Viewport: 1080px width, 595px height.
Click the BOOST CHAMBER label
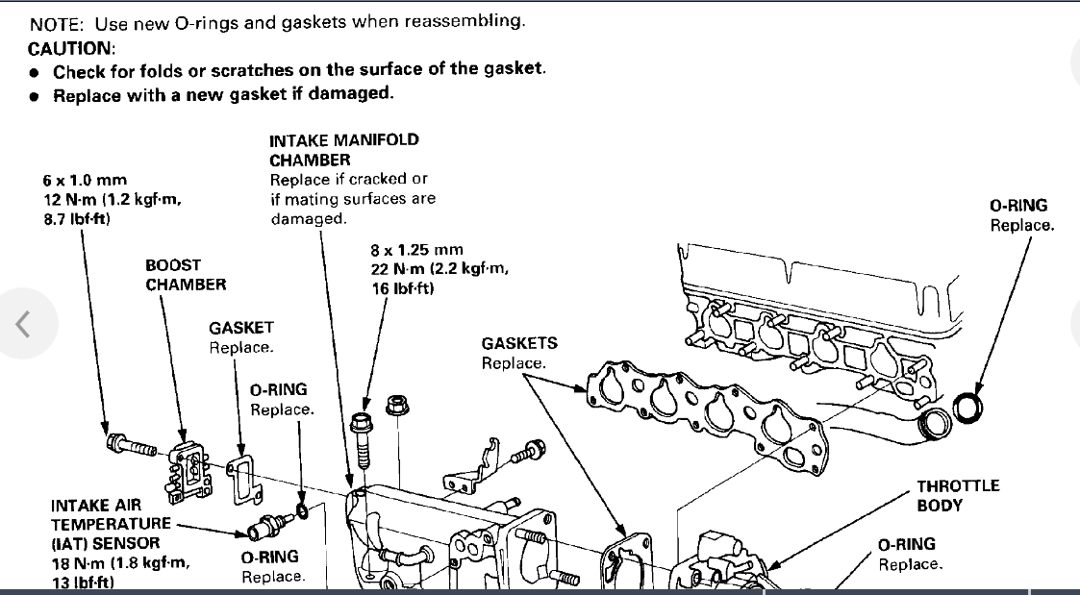pos(186,274)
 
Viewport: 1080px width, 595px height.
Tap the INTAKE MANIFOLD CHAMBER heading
pos(343,149)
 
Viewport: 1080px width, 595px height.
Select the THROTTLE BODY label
pos(958,495)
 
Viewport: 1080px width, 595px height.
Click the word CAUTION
pos(70,48)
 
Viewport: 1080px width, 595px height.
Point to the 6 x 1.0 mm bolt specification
pos(85,180)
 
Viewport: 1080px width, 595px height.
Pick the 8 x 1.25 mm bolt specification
pos(416,250)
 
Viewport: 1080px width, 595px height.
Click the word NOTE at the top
pos(56,21)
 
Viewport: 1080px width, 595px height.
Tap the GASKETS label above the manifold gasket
pos(519,343)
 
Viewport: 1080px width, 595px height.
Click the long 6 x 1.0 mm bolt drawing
pos(131,446)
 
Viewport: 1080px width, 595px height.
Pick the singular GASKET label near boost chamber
pos(241,328)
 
